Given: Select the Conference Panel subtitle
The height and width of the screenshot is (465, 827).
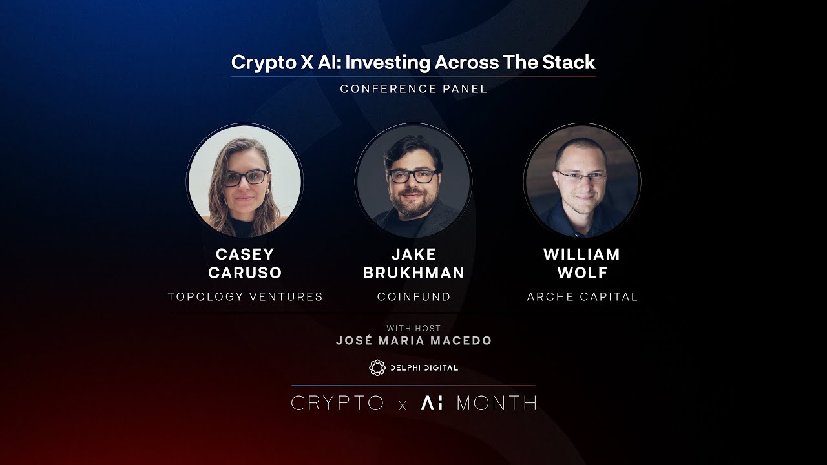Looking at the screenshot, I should [x=413, y=89].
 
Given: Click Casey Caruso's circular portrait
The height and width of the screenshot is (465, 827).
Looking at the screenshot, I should [x=245, y=181].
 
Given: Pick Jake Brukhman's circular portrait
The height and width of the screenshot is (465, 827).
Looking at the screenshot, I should [x=413, y=181].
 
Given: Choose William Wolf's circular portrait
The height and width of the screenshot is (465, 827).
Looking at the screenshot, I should [x=582, y=181].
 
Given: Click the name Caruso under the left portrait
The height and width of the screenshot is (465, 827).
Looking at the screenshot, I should [x=245, y=273].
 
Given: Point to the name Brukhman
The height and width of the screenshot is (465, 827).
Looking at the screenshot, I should [x=413, y=273].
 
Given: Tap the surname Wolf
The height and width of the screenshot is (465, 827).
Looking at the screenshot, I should [x=582, y=273].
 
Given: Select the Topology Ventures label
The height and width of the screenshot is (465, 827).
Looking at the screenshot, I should [x=245, y=297].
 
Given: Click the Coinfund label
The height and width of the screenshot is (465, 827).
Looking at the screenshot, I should [x=413, y=297].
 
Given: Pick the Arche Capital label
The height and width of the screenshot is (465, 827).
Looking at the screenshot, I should [x=582, y=297].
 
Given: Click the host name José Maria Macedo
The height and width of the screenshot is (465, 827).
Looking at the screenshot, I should [x=413, y=341].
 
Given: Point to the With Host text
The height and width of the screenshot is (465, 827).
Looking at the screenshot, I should [x=413, y=329].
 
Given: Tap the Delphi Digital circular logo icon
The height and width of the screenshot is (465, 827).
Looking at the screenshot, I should [x=377, y=367].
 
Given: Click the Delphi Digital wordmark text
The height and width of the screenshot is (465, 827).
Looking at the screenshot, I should [x=423, y=367].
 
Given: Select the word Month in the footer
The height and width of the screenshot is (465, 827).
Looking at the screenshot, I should [x=496, y=404].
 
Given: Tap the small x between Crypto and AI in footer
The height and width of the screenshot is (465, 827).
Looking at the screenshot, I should [x=403, y=406].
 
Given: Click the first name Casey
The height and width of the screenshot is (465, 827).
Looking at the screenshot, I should [x=245, y=254].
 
